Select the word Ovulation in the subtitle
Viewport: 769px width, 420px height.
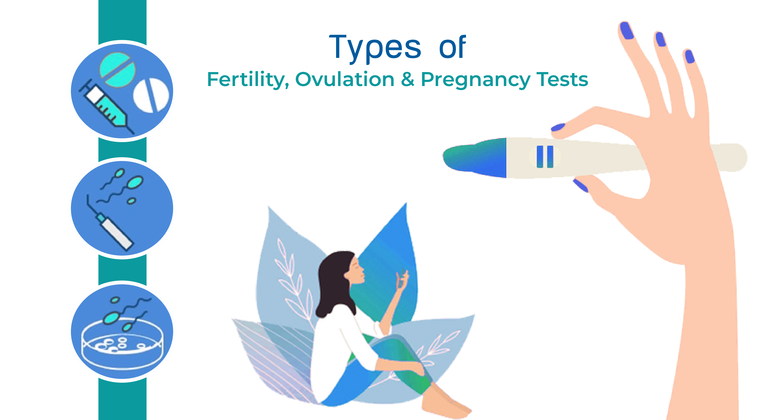point(345,79)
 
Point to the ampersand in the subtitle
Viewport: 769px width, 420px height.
point(408,79)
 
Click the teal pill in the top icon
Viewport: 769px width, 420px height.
point(117,70)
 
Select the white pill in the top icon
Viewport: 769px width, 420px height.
point(151,95)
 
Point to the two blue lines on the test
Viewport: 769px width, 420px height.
point(545,157)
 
